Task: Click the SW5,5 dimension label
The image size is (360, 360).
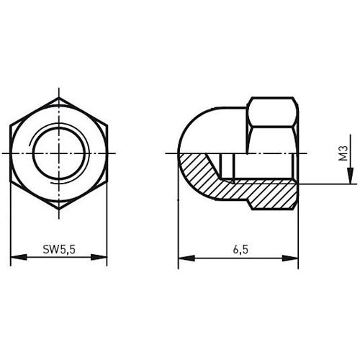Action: (x=59, y=250)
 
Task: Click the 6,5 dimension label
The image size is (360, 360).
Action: (x=240, y=250)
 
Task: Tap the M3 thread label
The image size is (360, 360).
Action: (x=343, y=153)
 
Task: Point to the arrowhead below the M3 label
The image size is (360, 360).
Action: (x=351, y=176)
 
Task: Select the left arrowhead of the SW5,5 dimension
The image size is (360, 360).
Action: (x=19, y=257)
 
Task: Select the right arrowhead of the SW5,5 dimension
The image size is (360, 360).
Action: (x=99, y=257)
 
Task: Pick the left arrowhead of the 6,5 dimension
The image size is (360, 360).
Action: (x=186, y=258)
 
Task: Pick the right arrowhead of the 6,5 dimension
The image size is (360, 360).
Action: (x=290, y=258)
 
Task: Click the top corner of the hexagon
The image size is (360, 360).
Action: (x=59, y=97)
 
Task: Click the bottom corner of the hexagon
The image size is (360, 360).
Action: (x=59, y=209)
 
